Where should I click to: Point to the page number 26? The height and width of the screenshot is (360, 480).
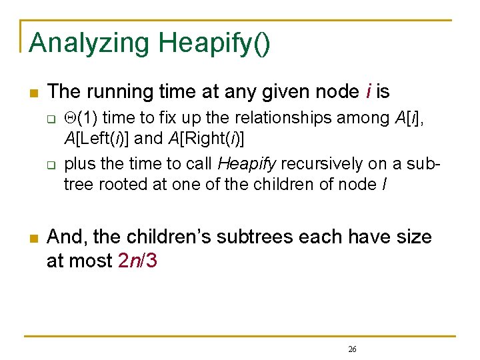353,349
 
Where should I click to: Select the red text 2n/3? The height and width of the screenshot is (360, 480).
137,261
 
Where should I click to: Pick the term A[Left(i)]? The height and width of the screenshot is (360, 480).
101,138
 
